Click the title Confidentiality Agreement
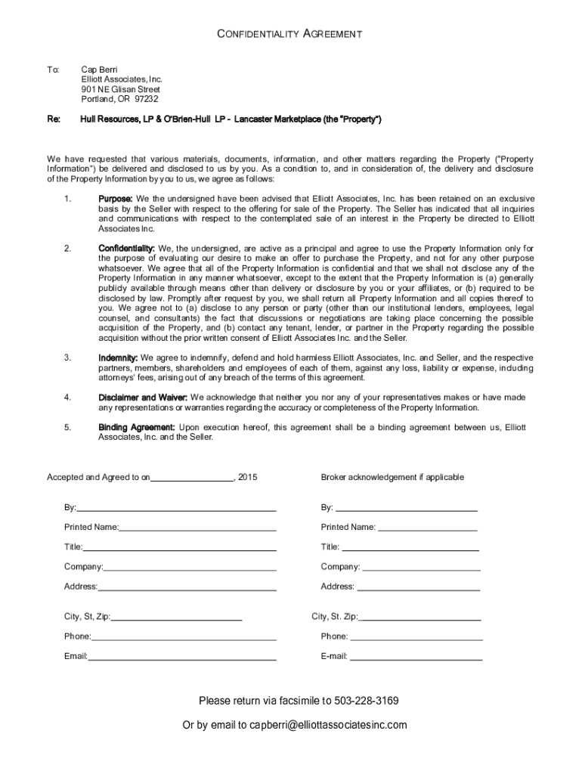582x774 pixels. (290, 34)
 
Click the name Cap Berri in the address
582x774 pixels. (100, 70)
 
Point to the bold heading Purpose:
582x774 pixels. (116, 198)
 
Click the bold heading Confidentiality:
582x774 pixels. (126, 248)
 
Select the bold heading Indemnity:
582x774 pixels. (118, 358)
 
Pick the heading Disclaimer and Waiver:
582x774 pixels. (143, 397)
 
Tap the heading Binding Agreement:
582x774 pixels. (137, 427)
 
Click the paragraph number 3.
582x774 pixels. (67, 358)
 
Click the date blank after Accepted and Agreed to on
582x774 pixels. (193, 478)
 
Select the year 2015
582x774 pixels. (248, 478)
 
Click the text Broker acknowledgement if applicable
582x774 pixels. (392, 478)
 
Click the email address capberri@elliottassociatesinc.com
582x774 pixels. (328, 725)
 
